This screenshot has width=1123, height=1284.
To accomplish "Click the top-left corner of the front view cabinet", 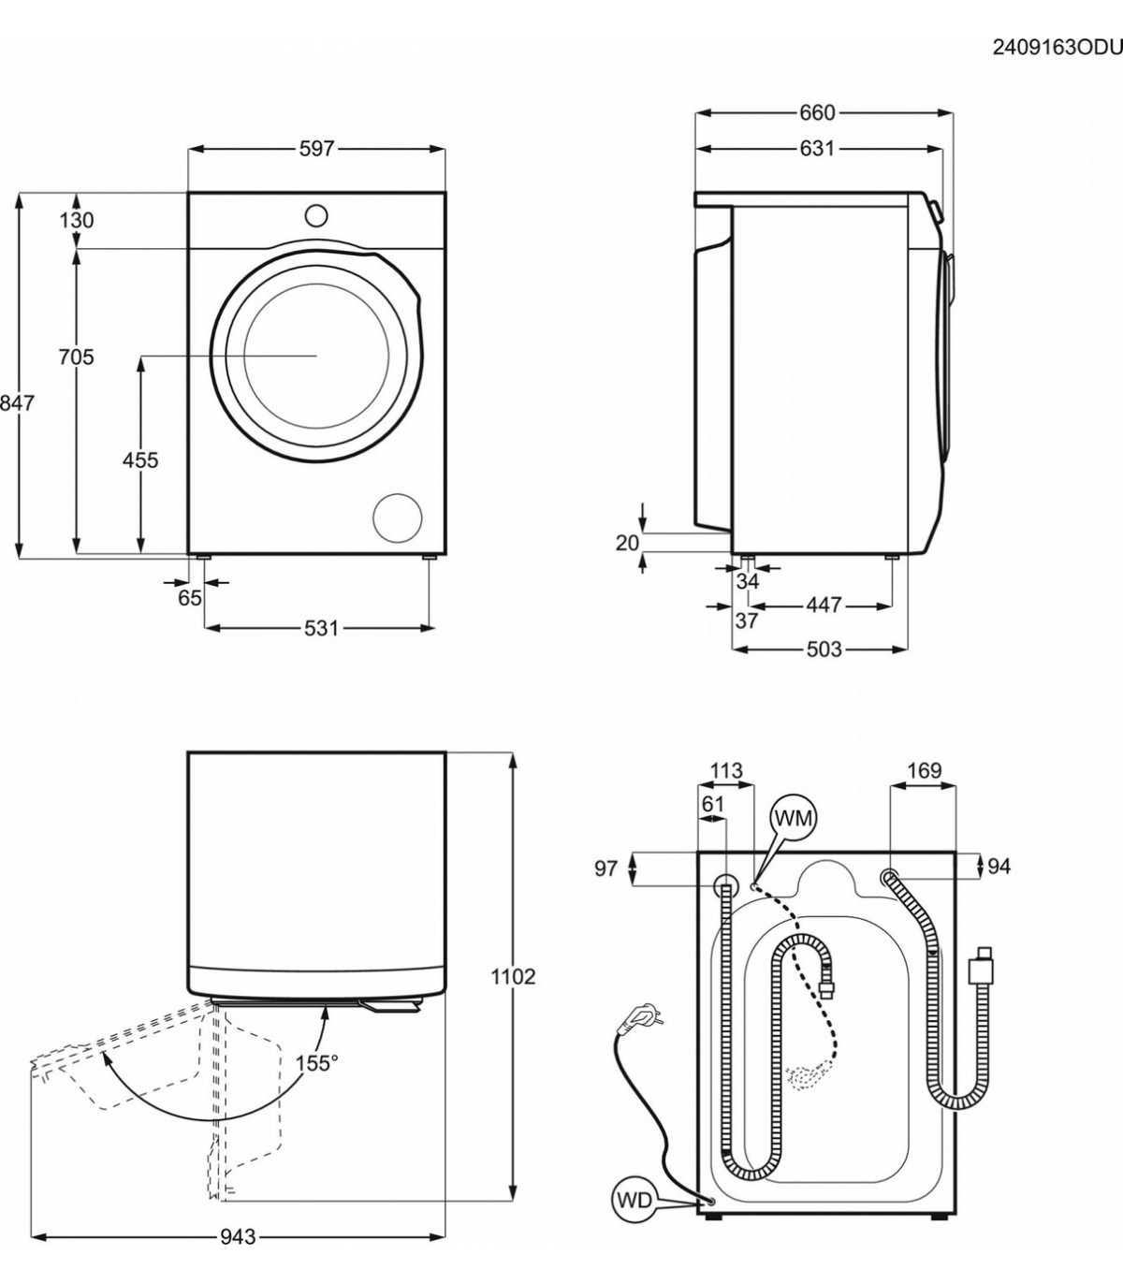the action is (188, 193).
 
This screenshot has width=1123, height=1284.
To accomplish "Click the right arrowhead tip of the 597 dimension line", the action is (445, 149).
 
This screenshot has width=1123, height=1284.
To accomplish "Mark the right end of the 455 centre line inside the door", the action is (317, 356).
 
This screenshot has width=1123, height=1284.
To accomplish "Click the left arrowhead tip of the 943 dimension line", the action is (31, 1235).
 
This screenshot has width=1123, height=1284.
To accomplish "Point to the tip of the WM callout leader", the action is (752, 887).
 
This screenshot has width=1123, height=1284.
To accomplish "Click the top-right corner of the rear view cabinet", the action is (955, 853).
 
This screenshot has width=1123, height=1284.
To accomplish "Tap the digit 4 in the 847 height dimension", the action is (17, 403).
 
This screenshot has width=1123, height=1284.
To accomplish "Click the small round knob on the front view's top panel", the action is (316, 215).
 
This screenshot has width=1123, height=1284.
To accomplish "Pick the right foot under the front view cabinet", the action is (430, 558).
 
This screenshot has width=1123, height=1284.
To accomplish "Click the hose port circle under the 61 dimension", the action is (726, 887).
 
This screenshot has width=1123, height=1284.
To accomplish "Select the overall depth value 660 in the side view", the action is (818, 113).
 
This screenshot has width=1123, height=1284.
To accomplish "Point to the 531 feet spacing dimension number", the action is (321, 628).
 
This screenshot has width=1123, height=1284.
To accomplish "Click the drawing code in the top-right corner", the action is (1057, 48).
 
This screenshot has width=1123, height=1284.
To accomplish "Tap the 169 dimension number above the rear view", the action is (925, 770).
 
